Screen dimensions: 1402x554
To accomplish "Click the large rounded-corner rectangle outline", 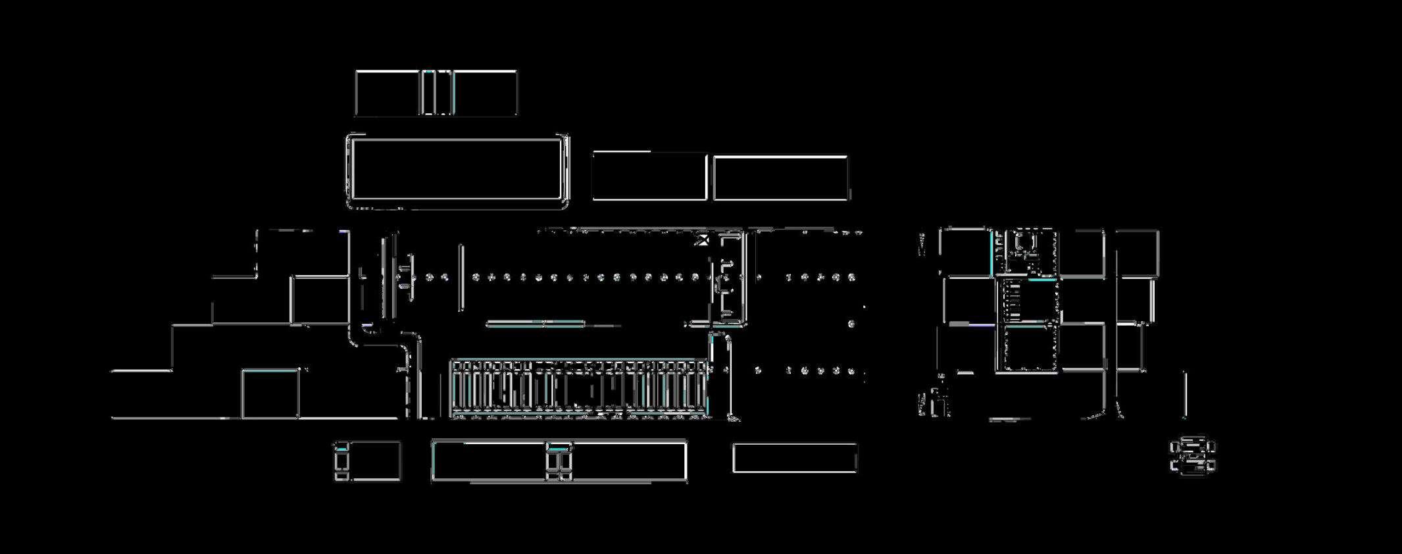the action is pyautogui.click(x=457, y=171).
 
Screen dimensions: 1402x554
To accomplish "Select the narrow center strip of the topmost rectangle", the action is pyautogui.click(x=436, y=93).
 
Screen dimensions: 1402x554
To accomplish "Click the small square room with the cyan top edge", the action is pyautogui.click(x=270, y=393).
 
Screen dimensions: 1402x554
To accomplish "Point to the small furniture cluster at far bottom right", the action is pyautogui.click(x=1192, y=456).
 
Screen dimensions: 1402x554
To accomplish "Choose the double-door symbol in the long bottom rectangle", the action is pyautogui.click(x=559, y=461).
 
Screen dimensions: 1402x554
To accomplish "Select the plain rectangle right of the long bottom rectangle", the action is pyautogui.click(x=795, y=458).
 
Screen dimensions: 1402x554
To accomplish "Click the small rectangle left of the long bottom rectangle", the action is pyautogui.click(x=368, y=461).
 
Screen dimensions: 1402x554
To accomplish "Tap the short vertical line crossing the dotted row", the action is pyautogui.click(x=461, y=277).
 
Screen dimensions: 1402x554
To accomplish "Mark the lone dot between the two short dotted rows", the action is pyautogui.click(x=851, y=324).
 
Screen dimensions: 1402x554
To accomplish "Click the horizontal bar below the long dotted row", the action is pyautogui.click(x=535, y=324).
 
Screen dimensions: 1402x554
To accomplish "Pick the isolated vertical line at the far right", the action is pyautogui.click(x=1185, y=394).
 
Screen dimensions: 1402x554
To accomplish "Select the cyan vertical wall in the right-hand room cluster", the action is pyautogui.click(x=993, y=250).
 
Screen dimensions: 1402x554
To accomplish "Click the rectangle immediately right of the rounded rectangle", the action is pyautogui.click(x=649, y=176).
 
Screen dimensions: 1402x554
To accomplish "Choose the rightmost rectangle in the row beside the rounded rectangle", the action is pyautogui.click(x=780, y=178).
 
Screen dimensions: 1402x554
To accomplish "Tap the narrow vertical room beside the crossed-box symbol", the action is pyautogui.click(x=730, y=276).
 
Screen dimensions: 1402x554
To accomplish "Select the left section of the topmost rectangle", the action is pyautogui.click(x=388, y=93).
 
